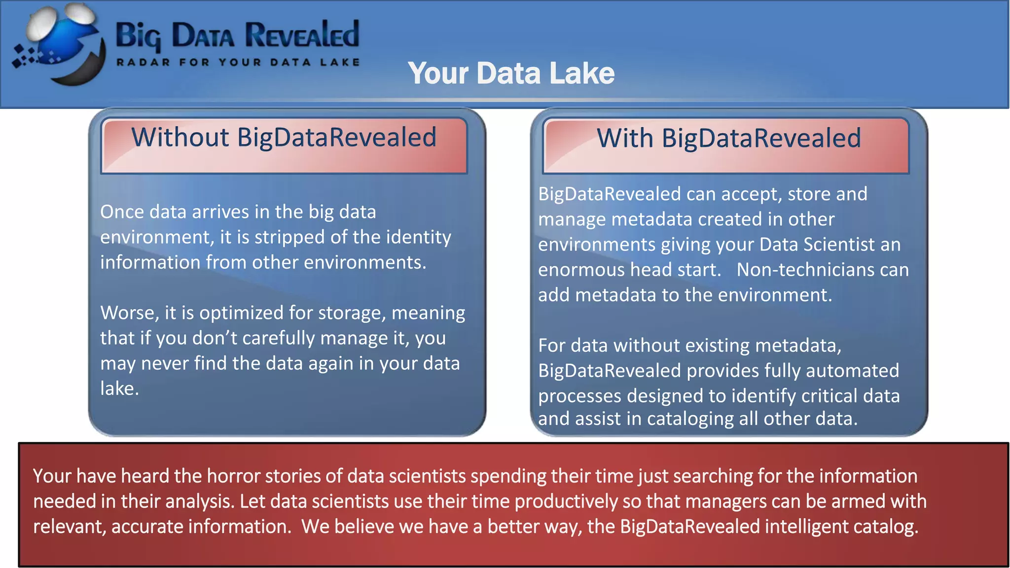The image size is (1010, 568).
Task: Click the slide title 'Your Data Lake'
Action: point(511,73)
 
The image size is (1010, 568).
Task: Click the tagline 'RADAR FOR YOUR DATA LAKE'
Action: point(238,63)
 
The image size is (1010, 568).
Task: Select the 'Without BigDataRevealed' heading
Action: point(284,137)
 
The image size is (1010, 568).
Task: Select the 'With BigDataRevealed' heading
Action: point(728,138)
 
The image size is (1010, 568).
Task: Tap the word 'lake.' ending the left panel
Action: point(119,389)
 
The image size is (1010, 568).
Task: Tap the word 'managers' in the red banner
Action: point(726,501)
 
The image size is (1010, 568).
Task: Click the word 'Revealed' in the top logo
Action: point(302,35)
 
